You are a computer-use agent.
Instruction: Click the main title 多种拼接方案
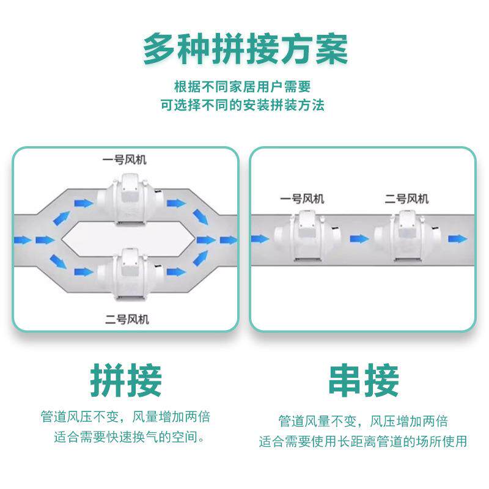tap(244, 49)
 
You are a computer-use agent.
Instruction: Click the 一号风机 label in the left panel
tap(124, 160)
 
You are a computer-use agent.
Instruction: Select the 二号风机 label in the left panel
tap(127, 319)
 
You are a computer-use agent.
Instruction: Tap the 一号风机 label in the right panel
tap(302, 199)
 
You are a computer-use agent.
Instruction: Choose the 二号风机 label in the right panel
tap(406, 199)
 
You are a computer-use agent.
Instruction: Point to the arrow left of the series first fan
tap(259, 238)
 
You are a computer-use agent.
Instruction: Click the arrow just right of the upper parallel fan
tap(177, 203)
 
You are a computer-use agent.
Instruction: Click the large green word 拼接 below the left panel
tap(126, 380)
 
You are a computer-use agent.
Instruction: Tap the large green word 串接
tap(363, 380)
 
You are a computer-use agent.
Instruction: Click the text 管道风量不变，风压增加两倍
tap(363, 421)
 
